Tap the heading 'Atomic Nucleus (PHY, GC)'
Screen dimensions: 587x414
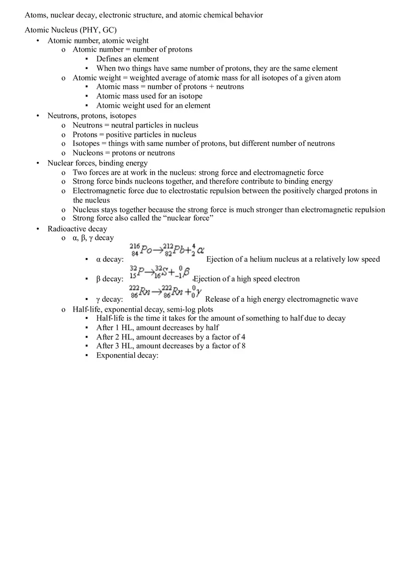[x=71, y=30]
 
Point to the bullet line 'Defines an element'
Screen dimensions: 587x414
[x=127, y=59]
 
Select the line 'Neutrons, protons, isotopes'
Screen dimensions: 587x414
[x=92, y=115]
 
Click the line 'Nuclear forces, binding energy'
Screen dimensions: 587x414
[x=97, y=163]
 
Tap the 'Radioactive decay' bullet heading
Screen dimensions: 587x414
[x=77, y=229]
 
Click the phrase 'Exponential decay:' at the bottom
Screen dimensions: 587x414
[x=127, y=355]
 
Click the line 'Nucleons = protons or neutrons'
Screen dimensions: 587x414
[x=123, y=153]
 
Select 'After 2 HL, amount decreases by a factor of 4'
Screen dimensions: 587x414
[x=171, y=337]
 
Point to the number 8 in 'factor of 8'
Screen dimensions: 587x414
[x=243, y=346]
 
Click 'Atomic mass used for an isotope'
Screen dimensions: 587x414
[x=149, y=96]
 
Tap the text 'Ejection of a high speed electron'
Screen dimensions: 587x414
[x=247, y=279]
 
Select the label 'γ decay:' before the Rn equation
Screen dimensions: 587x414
[x=109, y=299]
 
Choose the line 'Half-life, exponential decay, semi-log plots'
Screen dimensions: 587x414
[x=143, y=309]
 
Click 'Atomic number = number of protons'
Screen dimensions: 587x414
[x=132, y=49]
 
